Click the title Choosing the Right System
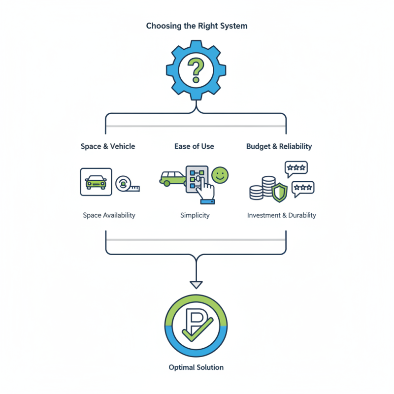tap(197, 26)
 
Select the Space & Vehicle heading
tap(108, 146)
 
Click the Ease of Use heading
tap(194, 146)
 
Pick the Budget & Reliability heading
tap(279, 146)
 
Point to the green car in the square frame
tap(96, 182)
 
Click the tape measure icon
tap(126, 184)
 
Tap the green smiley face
tap(220, 175)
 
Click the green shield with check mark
tap(279, 192)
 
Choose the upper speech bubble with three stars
tap(296, 168)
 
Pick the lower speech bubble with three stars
tap(302, 188)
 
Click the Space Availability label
tap(109, 215)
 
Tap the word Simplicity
tap(195, 215)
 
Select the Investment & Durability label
tap(282, 215)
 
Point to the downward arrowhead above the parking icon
tap(197, 284)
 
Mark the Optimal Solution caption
tap(196, 367)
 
